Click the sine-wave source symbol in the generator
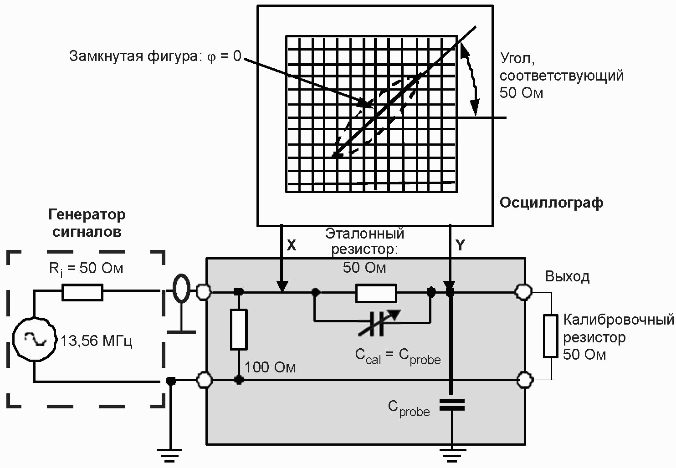35,339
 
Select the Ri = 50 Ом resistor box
82,292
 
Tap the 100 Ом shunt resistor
239,329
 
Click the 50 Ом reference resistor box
376,293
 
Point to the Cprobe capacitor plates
452,405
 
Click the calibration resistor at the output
550,336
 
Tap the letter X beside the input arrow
291,245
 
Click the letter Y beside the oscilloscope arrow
460,245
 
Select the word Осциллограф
551,203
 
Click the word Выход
567,276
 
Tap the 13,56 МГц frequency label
96,341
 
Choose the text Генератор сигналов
87,223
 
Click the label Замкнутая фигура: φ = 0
155,56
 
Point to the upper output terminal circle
523,292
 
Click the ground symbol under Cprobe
452,456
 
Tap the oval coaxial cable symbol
181,288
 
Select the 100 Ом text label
270,367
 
